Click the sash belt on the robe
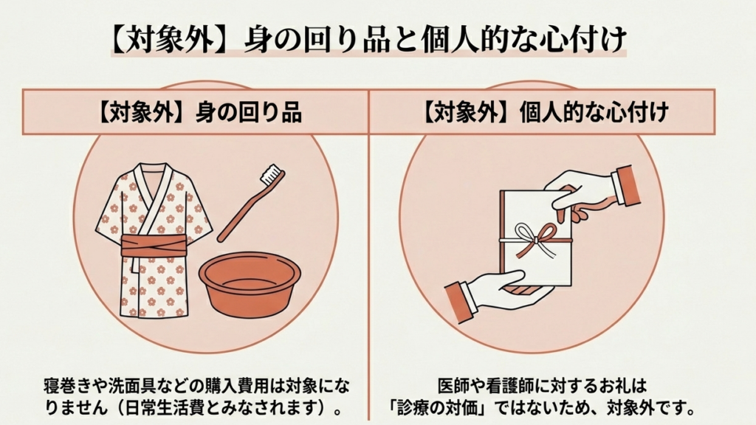coord(154,246)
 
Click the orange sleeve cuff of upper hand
coord(625,185)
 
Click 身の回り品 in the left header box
coord(249,113)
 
